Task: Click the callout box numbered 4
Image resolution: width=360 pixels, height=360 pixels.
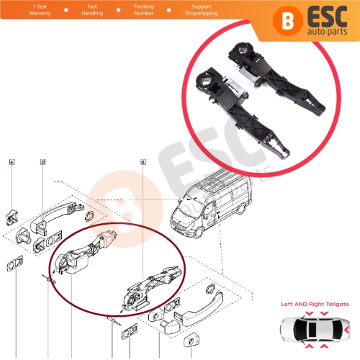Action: click(12, 163)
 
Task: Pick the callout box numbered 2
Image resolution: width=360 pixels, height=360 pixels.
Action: click(42, 163)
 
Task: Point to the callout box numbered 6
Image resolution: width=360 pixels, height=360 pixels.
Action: click(143, 163)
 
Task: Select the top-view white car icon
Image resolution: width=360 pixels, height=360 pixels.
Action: click(318, 329)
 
